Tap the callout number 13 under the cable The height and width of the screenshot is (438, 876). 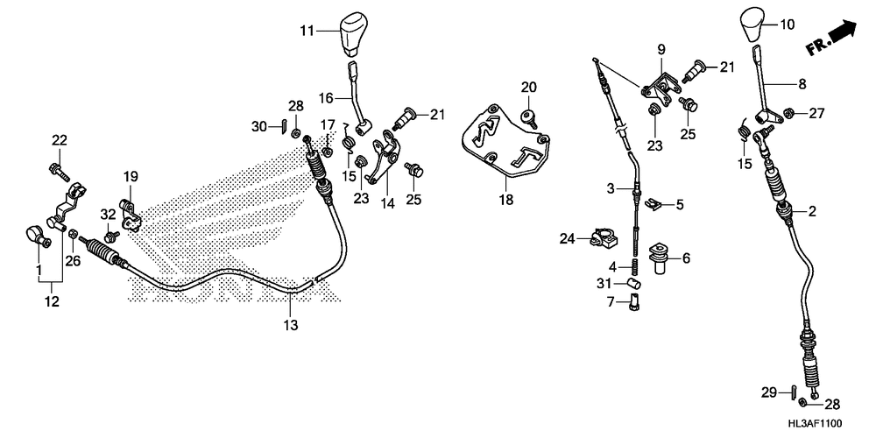(290, 325)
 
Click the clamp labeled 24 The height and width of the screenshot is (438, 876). (600, 237)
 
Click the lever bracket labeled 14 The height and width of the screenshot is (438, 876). (382, 162)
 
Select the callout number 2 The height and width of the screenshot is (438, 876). (811, 210)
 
